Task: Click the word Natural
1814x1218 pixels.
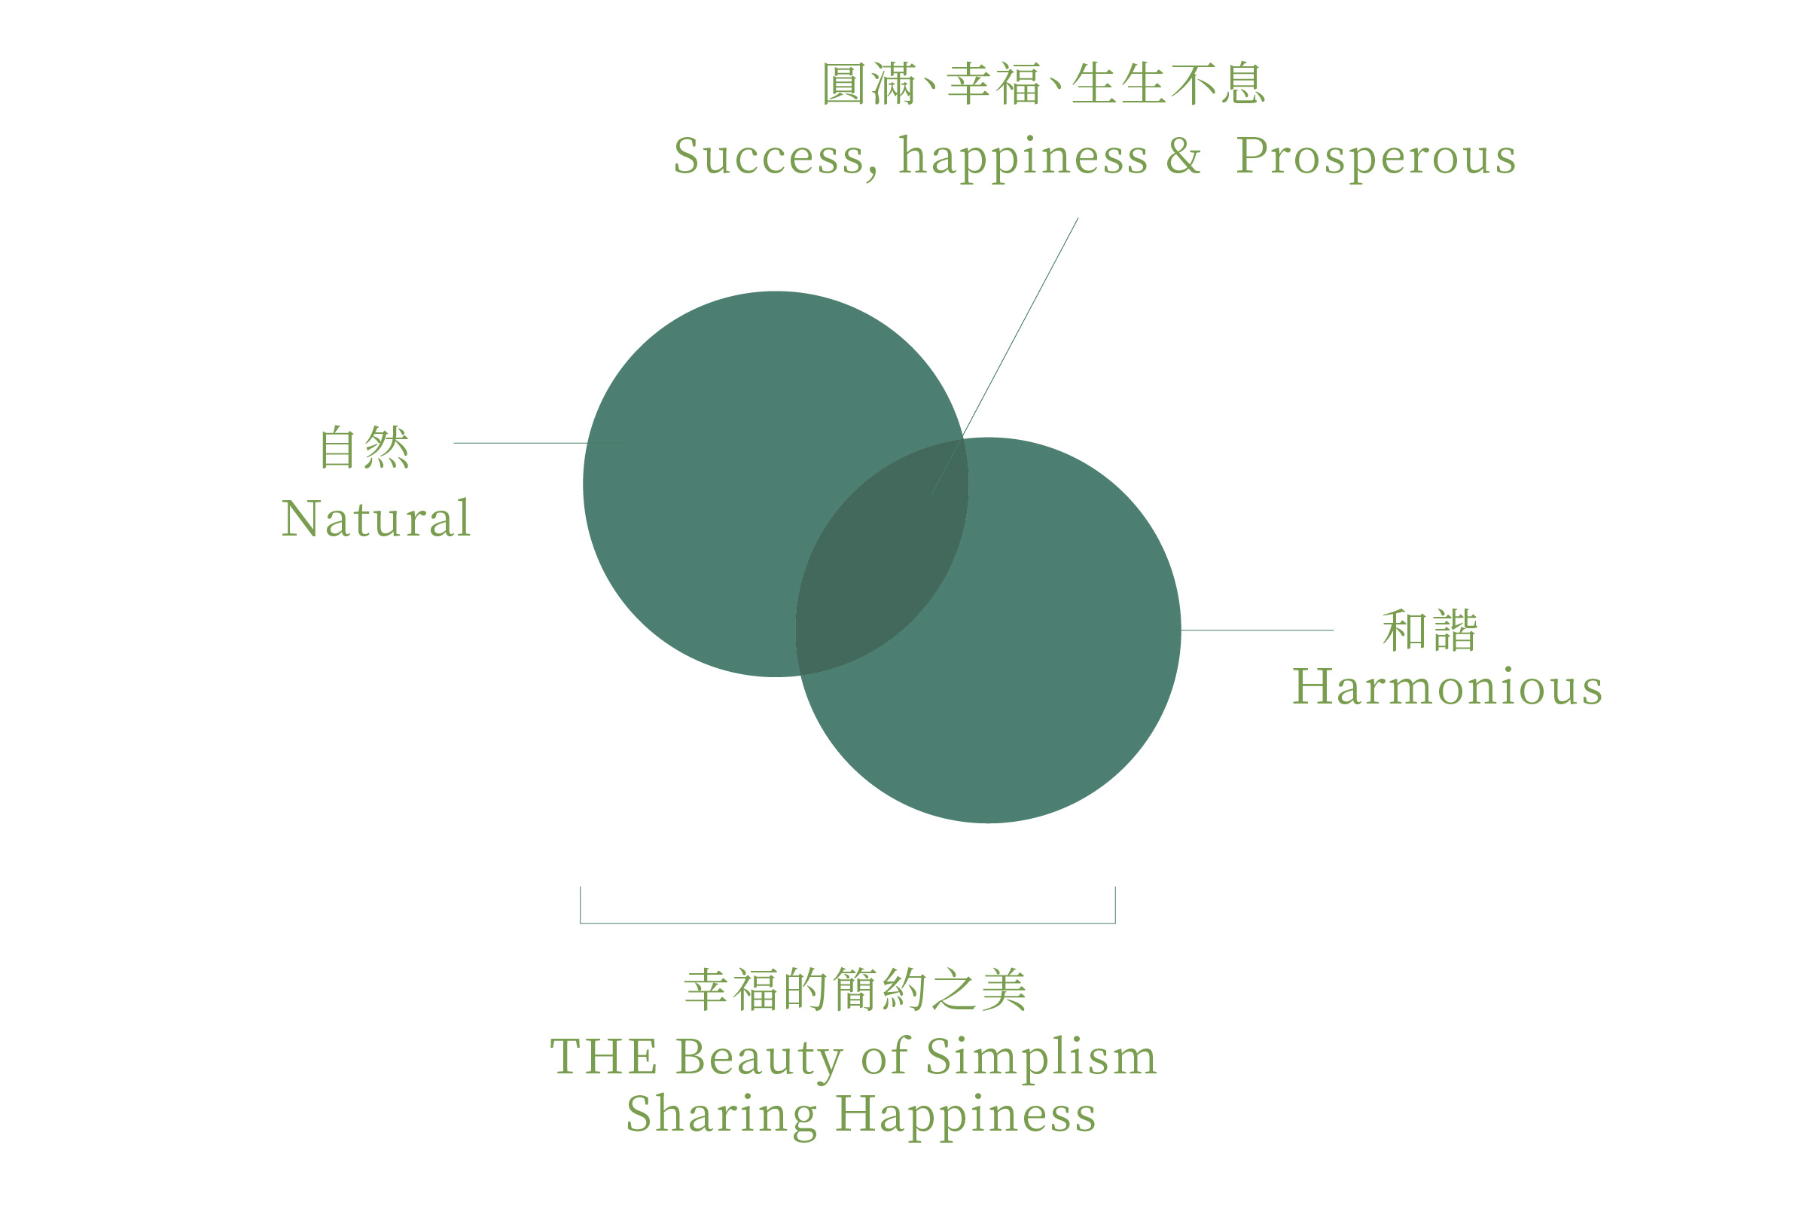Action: (x=376, y=519)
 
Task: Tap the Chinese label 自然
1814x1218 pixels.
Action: (x=364, y=447)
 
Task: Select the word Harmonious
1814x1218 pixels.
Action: (x=1447, y=688)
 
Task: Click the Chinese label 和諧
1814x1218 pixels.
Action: (x=1430, y=630)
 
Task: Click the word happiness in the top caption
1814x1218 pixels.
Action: (x=1023, y=157)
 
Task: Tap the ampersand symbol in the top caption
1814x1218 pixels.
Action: (x=1184, y=155)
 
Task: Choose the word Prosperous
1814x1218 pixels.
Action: (x=1375, y=157)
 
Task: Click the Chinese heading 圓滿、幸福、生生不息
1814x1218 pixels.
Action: (x=1044, y=84)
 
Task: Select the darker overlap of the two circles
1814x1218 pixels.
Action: (x=883, y=557)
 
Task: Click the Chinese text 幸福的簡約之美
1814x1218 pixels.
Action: (x=855, y=991)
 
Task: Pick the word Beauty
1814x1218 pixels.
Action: (x=759, y=1058)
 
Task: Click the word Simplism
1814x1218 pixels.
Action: (x=1041, y=1058)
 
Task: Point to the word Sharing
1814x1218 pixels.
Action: (x=721, y=1116)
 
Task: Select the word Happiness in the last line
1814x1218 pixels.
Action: (x=966, y=1116)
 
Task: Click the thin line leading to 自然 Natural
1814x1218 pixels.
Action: (x=520, y=444)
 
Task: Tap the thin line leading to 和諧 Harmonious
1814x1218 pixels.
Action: (x=1258, y=630)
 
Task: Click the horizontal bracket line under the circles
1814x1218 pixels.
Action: (x=847, y=923)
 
